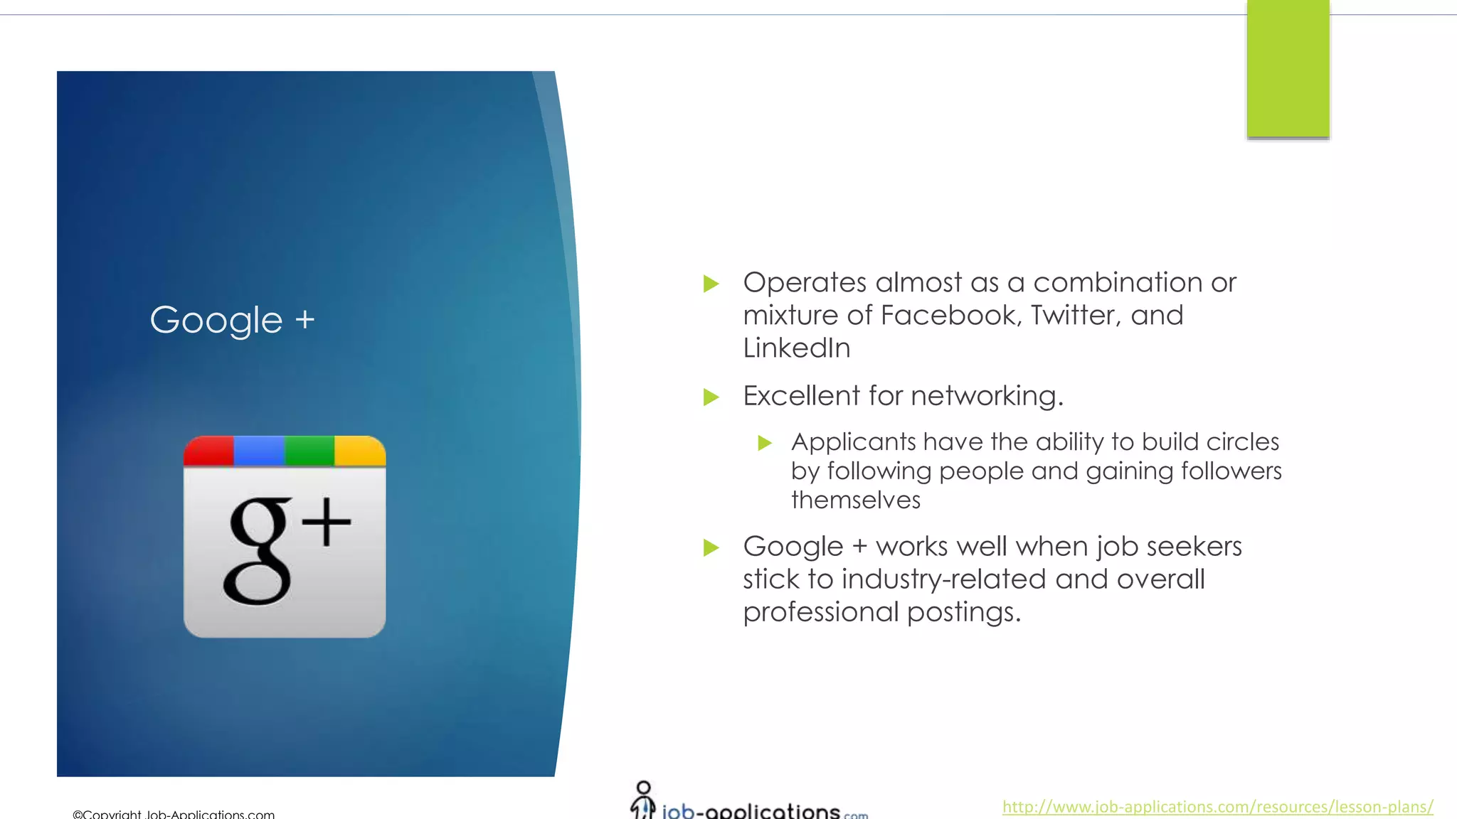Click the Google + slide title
point(232,320)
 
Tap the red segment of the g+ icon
point(209,451)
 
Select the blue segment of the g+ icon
point(259,451)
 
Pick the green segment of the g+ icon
point(309,451)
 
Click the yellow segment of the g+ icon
point(360,451)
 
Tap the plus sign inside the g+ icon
point(327,523)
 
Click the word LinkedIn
point(797,348)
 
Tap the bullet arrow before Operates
point(711,284)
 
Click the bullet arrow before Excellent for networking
point(711,397)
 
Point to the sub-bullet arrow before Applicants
point(765,444)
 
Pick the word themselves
point(856,500)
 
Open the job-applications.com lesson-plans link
point(1217,807)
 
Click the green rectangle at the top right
point(1288,69)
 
